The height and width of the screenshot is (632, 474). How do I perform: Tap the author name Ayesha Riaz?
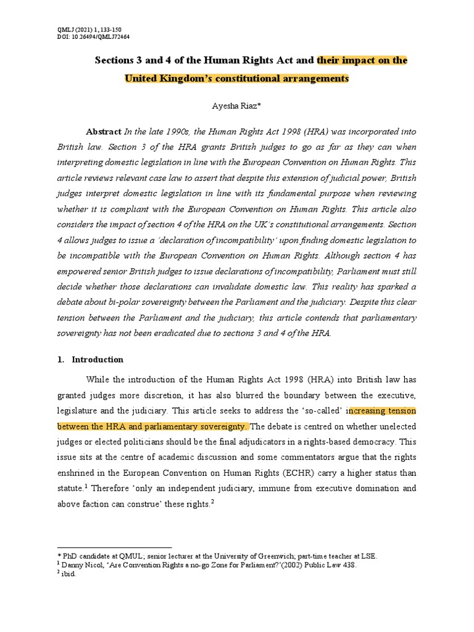click(236, 107)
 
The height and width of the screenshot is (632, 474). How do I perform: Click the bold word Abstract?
click(104, 131)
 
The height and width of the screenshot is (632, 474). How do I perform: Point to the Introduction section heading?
click(98, 359)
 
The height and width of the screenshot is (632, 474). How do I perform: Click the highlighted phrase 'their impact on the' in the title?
click(362, 60)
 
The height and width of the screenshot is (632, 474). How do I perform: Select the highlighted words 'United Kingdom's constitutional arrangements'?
click(236, 78)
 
